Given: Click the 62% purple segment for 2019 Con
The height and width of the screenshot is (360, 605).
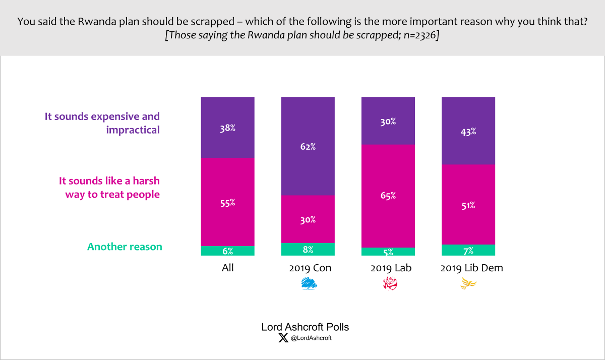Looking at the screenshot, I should [308, 146].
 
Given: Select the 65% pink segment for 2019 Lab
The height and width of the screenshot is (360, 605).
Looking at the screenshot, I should [388, 196].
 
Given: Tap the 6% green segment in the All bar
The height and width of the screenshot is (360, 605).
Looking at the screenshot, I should [227, 251].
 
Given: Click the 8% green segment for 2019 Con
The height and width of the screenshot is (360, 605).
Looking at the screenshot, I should [308, 249].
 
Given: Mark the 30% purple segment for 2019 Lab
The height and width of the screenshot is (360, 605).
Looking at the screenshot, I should [388, 121].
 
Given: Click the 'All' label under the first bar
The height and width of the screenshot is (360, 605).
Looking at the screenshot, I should [227, 268].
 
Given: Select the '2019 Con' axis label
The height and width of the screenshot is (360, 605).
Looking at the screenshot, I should [310, 268].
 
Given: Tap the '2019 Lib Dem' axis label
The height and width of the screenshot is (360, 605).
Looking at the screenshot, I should [471, 268].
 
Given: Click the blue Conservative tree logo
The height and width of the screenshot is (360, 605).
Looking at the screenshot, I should [309, 284].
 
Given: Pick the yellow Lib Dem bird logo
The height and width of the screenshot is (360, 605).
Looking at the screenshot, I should [468, 285].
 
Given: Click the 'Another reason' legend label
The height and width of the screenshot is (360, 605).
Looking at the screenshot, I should [125, 247].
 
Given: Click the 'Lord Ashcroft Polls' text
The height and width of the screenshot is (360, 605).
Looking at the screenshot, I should [305, 327].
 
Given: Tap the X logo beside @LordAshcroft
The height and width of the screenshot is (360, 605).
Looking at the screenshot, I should [283, 338].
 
